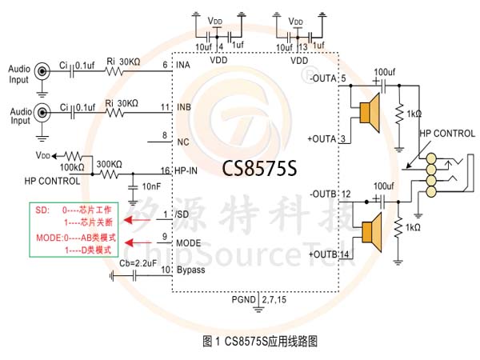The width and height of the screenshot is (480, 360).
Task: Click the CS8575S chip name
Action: coord(259,170)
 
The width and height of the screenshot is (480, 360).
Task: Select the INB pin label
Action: coord(185,108)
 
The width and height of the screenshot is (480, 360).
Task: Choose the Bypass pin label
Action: coord(191,270)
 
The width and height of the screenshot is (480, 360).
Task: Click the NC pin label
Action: coord(182,142)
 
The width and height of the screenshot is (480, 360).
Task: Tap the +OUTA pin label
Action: coord(322,139)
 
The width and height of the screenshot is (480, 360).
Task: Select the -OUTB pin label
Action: coord(322,194)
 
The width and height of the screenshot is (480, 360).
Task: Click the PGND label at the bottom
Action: coord(242,299)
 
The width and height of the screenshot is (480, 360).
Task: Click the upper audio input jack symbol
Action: coord(41,71)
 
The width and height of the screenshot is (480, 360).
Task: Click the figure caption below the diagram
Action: coord(261,341)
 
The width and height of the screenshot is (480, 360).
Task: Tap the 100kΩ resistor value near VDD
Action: coord(71,167)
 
